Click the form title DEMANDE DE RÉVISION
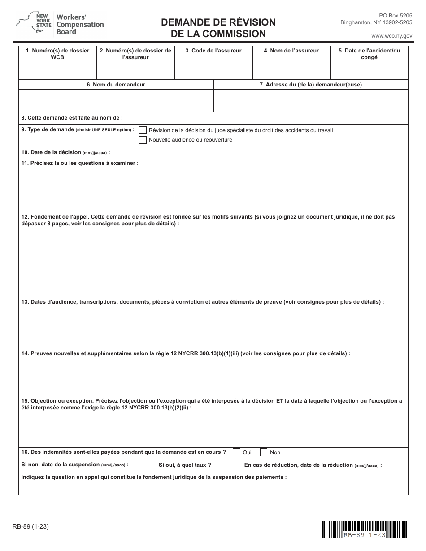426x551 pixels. (x=218, y=22)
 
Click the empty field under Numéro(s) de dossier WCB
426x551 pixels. (x=57, y=71)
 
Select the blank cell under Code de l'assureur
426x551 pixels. (x=213, y=71)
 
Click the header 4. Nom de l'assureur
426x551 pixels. (x=291, y=51)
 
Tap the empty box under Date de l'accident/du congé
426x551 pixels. (x=369, y=71)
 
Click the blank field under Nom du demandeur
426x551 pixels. (x=116, y=100)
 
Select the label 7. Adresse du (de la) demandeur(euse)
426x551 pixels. (x=311, y=85)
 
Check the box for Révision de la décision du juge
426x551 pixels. (x=143, y=130)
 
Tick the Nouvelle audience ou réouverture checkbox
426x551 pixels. (x=143, y=140)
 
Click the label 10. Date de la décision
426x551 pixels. (x=65, y=152)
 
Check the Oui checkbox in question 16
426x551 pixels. (x=236, y=452)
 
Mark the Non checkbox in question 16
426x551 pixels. (x=264, y=452)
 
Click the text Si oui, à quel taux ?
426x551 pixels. (x=185, y=465)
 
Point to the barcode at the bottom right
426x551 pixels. (x=365, y=529)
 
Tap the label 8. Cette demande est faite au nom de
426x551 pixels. (x=72, y=118)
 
